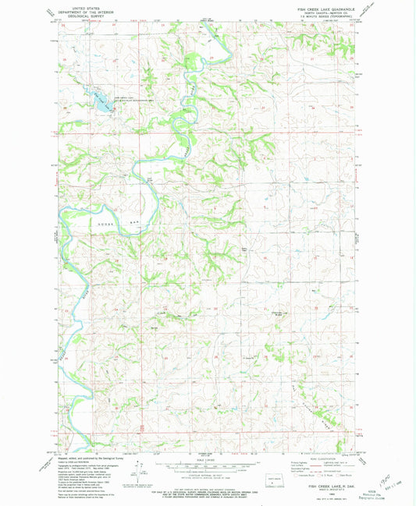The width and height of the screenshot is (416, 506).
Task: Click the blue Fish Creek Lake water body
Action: pos(99,100)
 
